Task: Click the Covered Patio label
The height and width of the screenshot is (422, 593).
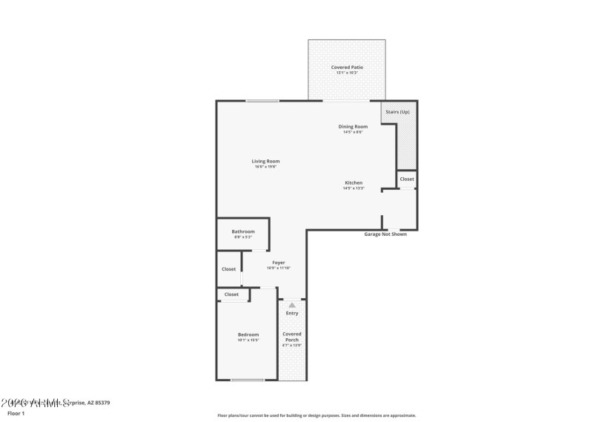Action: (x=347, y=67)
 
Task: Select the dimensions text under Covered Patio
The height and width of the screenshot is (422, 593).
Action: (x=347, y=73)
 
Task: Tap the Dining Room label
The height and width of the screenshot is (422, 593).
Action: (x=353, y=127)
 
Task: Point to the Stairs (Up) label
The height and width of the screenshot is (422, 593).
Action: (x=399, y=111)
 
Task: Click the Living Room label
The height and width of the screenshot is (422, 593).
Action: (x=265, y=161)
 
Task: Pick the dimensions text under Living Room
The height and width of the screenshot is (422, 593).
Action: (x=265, y=167)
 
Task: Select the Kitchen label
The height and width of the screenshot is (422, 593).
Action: (x=353, y=182)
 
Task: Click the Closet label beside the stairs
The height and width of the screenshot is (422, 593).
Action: (x=407, y=179)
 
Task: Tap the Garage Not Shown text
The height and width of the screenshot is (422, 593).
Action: (x=385, y=234)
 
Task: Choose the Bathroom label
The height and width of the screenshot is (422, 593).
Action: (x=243, y=231)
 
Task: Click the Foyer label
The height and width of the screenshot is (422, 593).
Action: (x=279, y=263)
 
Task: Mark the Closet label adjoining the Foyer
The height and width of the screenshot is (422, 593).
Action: (x=229, y=269)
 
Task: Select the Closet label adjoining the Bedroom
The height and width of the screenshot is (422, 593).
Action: (x=232, y=294)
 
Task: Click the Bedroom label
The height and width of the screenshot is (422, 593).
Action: (x=248, y=334)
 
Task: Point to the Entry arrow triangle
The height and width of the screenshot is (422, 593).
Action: (x=292, y=305)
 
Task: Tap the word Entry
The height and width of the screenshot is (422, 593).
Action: (x=292, y=313)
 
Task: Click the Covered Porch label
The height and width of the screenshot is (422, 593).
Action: (x=292, y=337)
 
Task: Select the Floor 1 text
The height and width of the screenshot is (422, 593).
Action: (x=16, y=413)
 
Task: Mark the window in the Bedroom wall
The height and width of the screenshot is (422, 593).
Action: (x=248, y=380)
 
